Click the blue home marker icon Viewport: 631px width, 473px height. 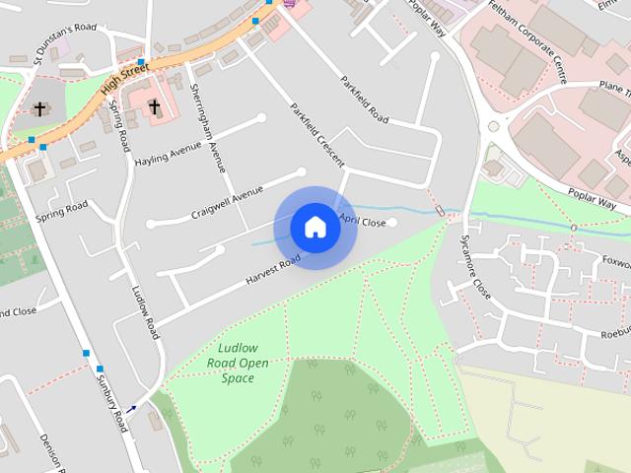coord(315,228)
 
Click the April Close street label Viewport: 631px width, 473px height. coord(362,222)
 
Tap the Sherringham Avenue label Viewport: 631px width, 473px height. coord(215,117)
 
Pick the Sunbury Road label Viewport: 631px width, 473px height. coord(111,401)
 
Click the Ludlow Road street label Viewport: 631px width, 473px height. coord(145,312)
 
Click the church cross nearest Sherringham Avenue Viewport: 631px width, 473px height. coord(154,106)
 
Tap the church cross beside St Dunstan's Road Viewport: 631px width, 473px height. coord(40,109)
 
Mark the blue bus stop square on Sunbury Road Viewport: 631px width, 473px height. coord(86,353)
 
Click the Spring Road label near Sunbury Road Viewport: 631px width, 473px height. coord(62,213)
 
